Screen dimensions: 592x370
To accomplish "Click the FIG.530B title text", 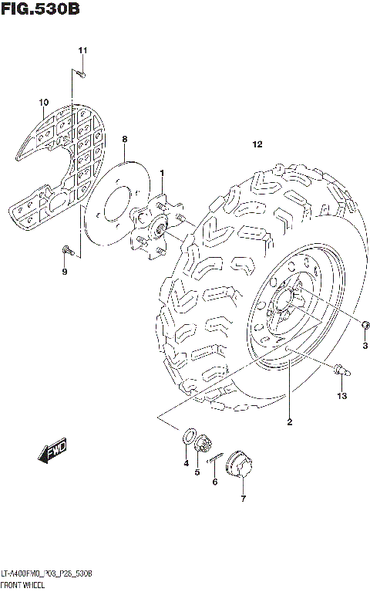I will point(40,10).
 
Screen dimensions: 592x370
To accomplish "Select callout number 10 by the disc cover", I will point(43,101).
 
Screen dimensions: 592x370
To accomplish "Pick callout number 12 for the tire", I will point(257,144).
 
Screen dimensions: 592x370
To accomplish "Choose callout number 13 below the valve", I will point(342,396).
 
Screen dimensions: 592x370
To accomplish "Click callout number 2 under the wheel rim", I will point(289,421).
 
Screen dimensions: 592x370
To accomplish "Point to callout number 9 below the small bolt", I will point(65,272).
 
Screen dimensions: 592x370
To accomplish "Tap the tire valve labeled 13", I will point(340,370).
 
